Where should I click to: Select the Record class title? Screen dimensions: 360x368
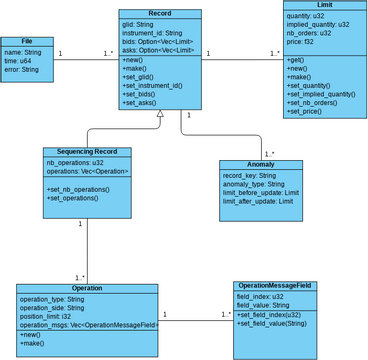pos(158,13)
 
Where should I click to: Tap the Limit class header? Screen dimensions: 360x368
pos(324,5)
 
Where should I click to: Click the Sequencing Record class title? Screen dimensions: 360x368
pos(87,152)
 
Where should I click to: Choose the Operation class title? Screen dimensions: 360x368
pos(86,288)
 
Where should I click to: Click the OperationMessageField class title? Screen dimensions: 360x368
pos(275,286)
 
